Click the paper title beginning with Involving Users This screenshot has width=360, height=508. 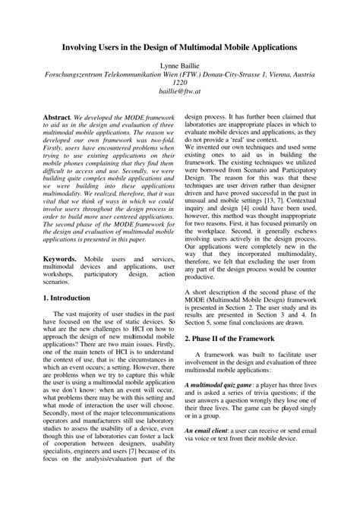tap(179, 46)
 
